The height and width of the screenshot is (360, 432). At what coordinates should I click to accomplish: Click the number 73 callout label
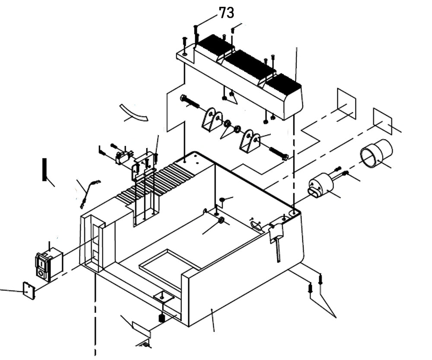pyautogui.click(x=226, y=13)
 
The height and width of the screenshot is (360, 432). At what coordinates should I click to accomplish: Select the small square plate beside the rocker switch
pyautogui.click(x=29, y=291)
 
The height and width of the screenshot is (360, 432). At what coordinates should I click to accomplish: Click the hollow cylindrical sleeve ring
pyautogui.click(x=376, y=153)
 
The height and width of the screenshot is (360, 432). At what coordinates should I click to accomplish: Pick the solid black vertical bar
pyautogui.click(x=44, y=169)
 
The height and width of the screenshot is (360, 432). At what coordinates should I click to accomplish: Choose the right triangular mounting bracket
pyautogui.click(x=250, y=141)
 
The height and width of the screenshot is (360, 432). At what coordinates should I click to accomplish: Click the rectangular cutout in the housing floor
pyautogui.click(x=168, y=265)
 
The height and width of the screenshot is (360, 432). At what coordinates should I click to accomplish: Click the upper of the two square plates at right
pyautogui.click(x=346, y=104)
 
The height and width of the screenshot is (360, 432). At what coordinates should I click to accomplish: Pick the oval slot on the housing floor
pyautogui.click(x=256, y=224)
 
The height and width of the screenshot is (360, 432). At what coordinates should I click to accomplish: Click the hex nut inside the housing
pyautogui.click(x=220, y=221)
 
